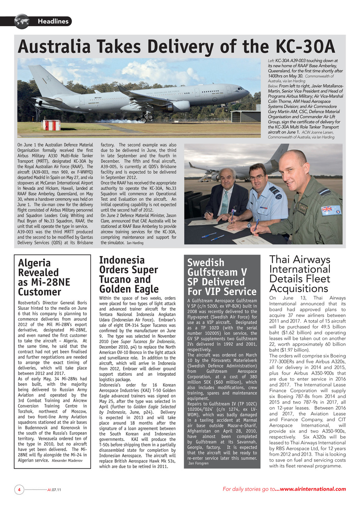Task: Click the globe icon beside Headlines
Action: tap(22, 21)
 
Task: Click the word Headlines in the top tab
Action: tap(53, 21)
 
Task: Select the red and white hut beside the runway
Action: tap(51, 125)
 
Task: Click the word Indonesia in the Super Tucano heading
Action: tap(122, 260)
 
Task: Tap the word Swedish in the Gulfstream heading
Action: tap(205, 263)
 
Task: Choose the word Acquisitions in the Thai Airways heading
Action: tap(298, 288)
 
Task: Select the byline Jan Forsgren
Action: tap(198, 463)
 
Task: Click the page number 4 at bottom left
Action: tap(19, 490)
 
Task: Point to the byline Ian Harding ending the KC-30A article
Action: tap(135, 243)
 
